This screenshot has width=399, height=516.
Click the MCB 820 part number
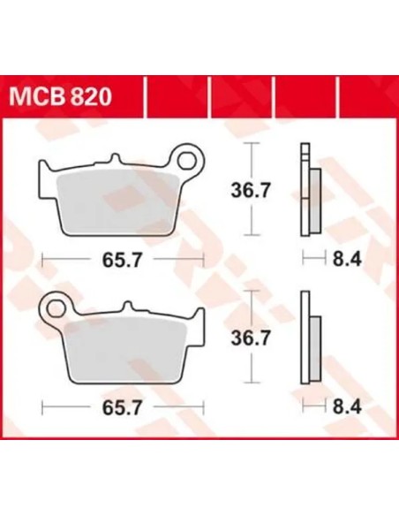[61, 97]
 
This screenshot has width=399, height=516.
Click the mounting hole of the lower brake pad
[56, 309]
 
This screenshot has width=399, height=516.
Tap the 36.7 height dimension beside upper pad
[251, 190]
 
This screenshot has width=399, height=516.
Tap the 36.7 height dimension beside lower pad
[251, 338]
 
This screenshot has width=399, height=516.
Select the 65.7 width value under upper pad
[122, 261]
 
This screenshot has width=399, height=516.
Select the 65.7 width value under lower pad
[122, 407]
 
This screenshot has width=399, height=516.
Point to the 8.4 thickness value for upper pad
[347, 259]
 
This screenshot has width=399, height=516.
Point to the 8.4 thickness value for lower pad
[347, 406]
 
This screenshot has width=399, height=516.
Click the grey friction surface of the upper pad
[118, 202]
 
